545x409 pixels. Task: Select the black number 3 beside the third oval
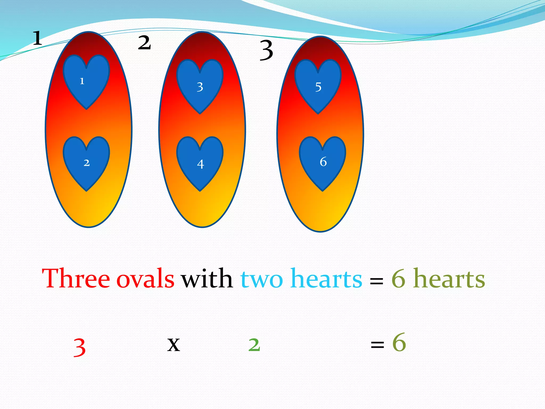click(x=266, y=50)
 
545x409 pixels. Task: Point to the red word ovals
click(x=145, y=279)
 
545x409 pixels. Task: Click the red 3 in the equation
click(x=79, y=347)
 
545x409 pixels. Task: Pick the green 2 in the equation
click(x=254, y=345)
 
